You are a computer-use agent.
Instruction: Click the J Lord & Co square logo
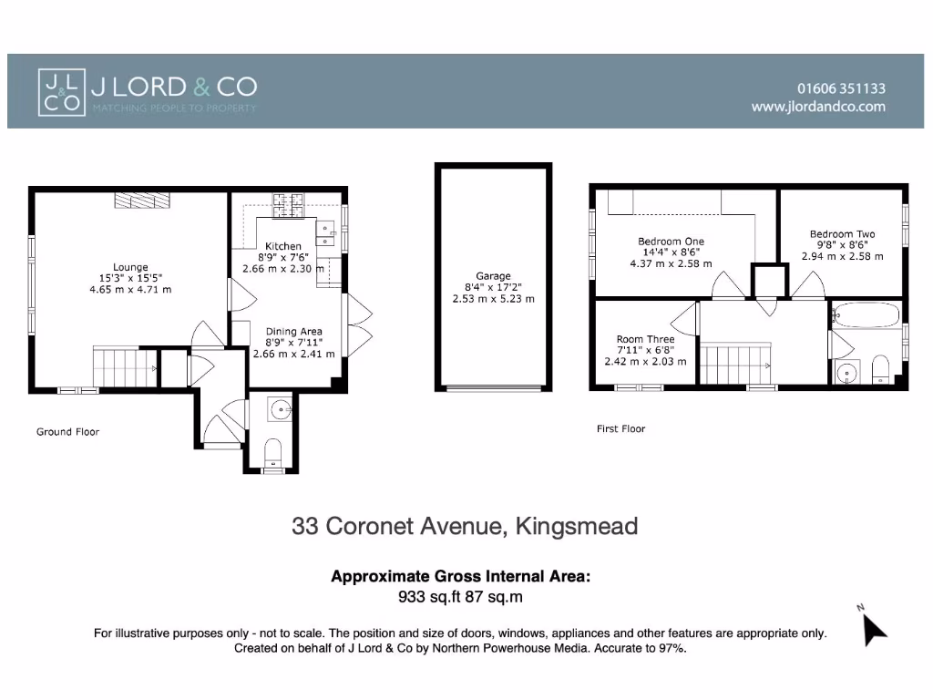point(61,91)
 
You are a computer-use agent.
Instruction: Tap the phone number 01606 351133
point(840,88)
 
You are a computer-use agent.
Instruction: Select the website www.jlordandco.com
point(817,107)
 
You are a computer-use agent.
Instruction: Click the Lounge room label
point(130,267)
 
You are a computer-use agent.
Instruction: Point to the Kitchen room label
point(282,246)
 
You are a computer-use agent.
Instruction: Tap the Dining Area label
point(293,332)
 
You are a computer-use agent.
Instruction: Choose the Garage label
point(493,276)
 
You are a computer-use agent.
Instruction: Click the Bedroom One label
point(671,242)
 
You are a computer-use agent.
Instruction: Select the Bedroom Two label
point(842,234)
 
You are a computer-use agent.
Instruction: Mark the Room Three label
point(645,339)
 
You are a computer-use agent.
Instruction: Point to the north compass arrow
point(873,628)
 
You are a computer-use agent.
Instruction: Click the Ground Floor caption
point(67,432)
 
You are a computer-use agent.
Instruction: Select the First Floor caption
point(620,428)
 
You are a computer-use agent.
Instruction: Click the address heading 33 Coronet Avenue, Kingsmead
point(465,526)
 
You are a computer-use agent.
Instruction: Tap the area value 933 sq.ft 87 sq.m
point(460,597)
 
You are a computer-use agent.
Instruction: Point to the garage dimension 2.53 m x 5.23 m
point(493,298)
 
